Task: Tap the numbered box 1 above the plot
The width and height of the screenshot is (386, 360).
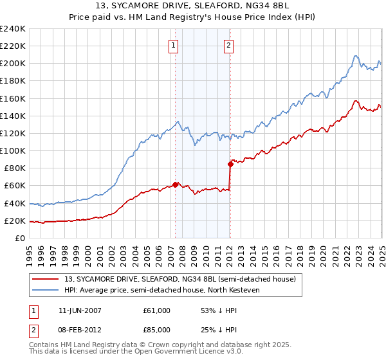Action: (174, 45)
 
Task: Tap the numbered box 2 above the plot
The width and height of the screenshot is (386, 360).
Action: (229, 45)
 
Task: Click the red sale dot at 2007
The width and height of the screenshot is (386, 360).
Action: (176, 185)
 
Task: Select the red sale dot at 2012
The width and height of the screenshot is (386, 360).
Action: (230, 164)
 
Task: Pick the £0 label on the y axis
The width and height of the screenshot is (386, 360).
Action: (20, 239)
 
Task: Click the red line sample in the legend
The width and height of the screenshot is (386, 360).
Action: (45, 279)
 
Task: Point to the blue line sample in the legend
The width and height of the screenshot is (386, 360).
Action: (45, 291)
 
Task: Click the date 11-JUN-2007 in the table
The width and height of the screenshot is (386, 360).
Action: (80, 310)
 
